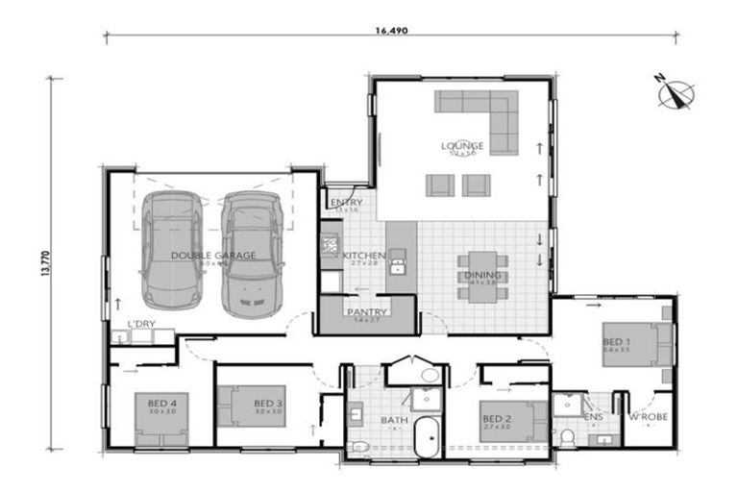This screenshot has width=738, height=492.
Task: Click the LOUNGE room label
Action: pos(462,146)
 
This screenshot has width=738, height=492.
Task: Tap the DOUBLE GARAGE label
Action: pos(213,255)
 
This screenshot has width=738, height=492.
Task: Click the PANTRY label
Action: pos(367,312)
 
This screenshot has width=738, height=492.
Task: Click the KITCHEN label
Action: pos(364,256)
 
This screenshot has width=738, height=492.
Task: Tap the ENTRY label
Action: pos(345,203)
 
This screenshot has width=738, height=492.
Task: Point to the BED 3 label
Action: pos(268,403)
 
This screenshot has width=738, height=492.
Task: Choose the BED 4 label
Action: pos(161,403)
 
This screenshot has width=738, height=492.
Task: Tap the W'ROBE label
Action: pos(648,418)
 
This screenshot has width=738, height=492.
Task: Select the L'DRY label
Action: pos(140,325)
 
